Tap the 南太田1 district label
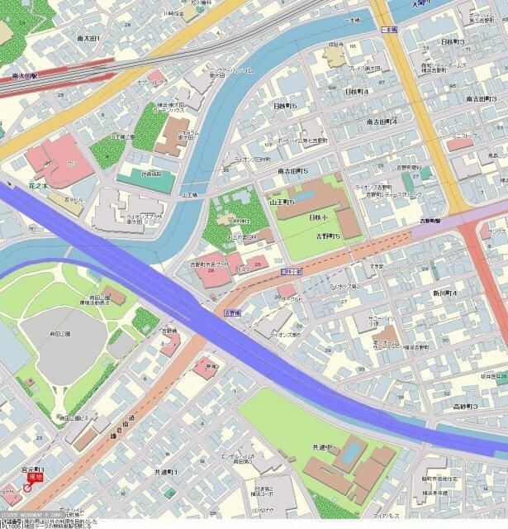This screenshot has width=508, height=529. (x=88, y=39)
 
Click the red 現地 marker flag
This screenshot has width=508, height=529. (x=35, y=477)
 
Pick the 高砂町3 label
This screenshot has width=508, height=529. (x=465, y=407)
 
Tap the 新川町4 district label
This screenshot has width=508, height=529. (x=444, y=293)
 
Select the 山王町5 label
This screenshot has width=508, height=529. (x=282, y=201)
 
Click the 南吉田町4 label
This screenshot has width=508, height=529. (x=382, y=122)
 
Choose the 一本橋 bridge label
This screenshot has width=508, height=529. (x=388, y=29)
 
